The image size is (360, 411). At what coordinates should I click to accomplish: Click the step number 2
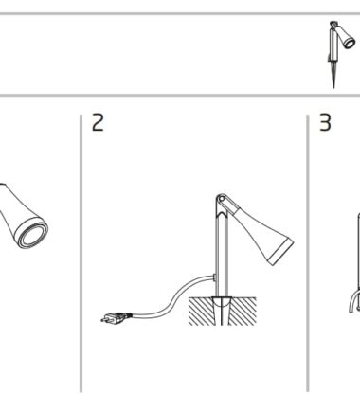(x=98, y=123)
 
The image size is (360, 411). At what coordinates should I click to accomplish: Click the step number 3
(x=325, y=123)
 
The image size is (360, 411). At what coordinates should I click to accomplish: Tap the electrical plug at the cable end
(x=116, y=318)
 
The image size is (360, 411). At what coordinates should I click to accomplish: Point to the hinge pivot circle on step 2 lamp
(x=222, y=199)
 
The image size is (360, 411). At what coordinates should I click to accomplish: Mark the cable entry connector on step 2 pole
(x=215, y=277)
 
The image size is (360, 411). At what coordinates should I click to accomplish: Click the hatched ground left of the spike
(x=201, y=312)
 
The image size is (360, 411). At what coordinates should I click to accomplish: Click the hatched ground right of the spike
(x=243, y=312)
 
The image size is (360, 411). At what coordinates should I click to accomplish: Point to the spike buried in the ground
(x=222, y=311)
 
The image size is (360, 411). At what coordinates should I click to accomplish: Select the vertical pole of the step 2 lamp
(x=222, y=254)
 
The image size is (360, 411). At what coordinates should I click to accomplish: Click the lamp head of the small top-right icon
(x=346, y=37)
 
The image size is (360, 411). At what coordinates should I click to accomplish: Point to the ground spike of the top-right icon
(x=333, y=74)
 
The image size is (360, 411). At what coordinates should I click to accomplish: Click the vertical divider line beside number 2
(x=81, y=254)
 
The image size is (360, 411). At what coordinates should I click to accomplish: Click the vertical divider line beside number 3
(x=307, y=254)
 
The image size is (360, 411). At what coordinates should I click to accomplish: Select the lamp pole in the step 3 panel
(x=359, y=251)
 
